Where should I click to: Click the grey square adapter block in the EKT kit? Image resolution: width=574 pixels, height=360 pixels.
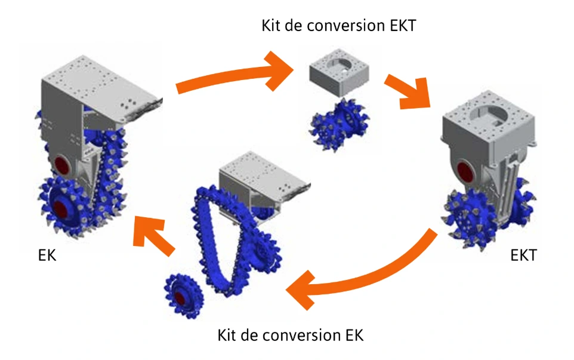click(x=338, y=75)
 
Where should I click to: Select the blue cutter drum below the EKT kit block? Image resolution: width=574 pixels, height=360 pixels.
click(x=338, y=125)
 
